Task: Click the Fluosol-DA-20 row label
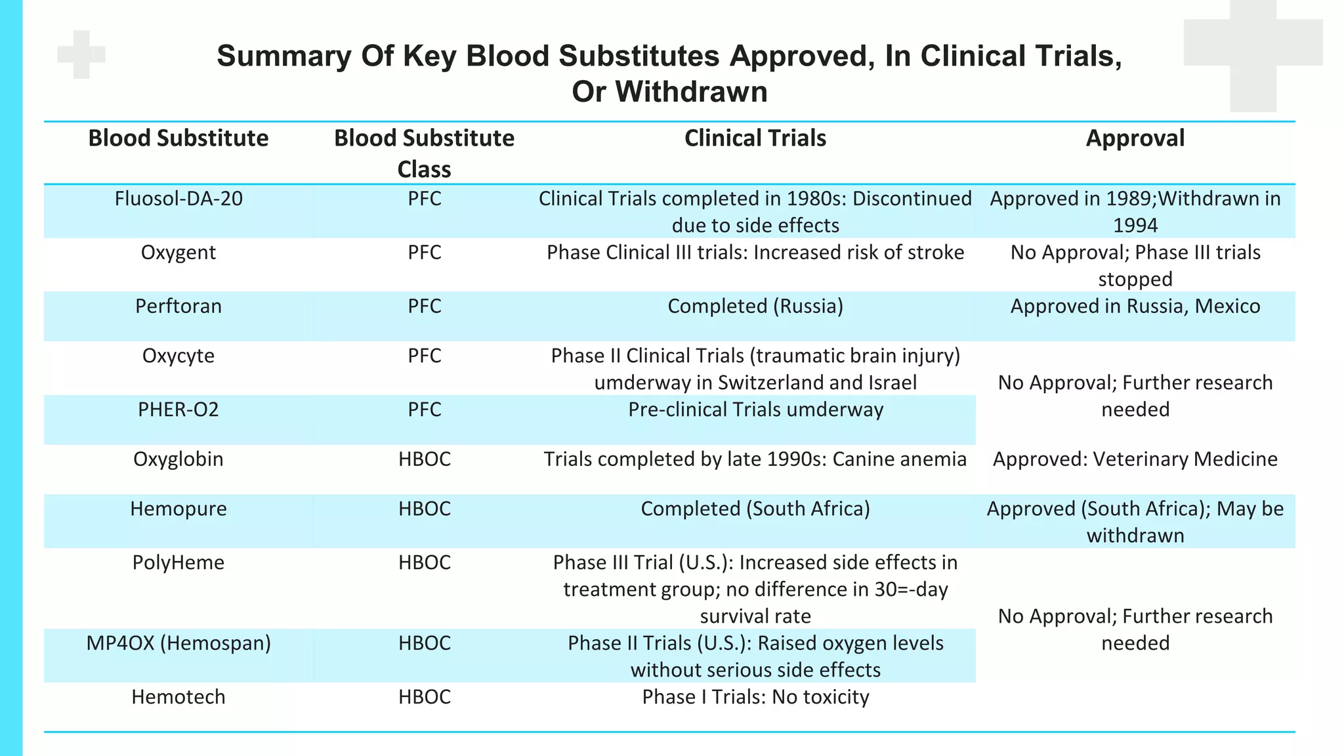pos(178,199)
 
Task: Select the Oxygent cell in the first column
pos(178,253)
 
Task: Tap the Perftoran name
pos(178,306)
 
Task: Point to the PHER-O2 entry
pos(178,409)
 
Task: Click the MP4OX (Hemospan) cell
pos(178,643)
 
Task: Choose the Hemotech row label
pos(178,697)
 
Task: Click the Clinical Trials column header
pos(755,138)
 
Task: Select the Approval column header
pos(1135,138)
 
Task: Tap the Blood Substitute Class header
pos(424,153)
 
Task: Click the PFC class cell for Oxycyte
pos(424,356)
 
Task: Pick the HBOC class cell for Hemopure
pos(424,509)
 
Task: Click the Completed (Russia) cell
pos(755,306)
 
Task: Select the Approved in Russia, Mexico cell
pos(1135,306)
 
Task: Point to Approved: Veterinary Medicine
pos(1135,459)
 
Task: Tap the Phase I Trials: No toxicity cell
pos(755,697)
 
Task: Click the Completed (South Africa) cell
pos(755,509)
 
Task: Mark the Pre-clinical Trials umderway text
pos(755,409)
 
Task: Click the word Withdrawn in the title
pos(691,92)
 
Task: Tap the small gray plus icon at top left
pos(81,54)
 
